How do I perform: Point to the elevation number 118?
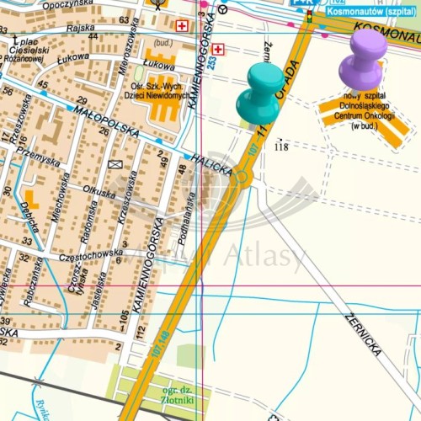click(x=281, y=147)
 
